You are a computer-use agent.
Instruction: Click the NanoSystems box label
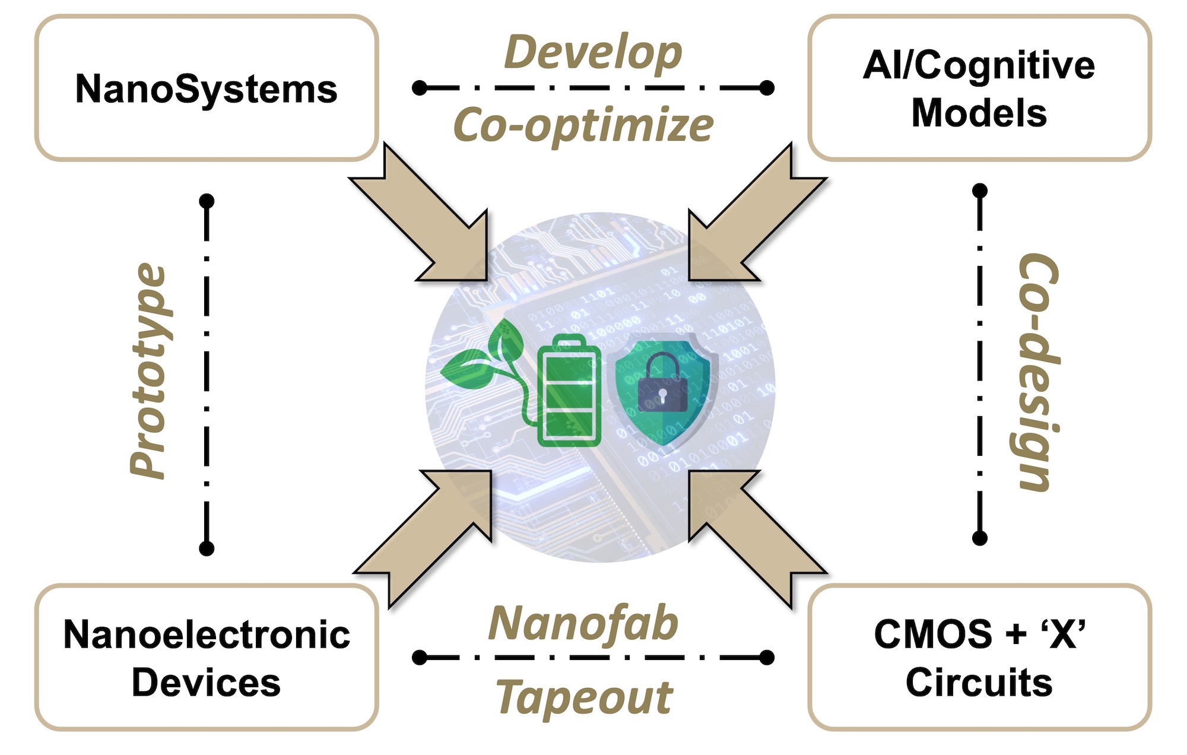pos(206,89)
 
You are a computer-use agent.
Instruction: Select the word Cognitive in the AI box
pos(1009,65)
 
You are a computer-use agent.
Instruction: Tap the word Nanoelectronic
pos(206,635)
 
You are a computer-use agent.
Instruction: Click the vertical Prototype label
pos(148,371)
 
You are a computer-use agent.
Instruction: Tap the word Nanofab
pos(583,623)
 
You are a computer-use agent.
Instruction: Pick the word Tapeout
pos(585,697)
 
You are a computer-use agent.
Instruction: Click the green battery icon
pos(569,392)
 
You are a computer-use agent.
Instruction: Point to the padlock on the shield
pos(662,383)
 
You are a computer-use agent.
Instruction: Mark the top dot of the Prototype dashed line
pos(207,201)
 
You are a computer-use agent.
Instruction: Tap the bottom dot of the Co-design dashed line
pos(980,538)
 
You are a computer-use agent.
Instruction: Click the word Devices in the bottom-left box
pos(206,683)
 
